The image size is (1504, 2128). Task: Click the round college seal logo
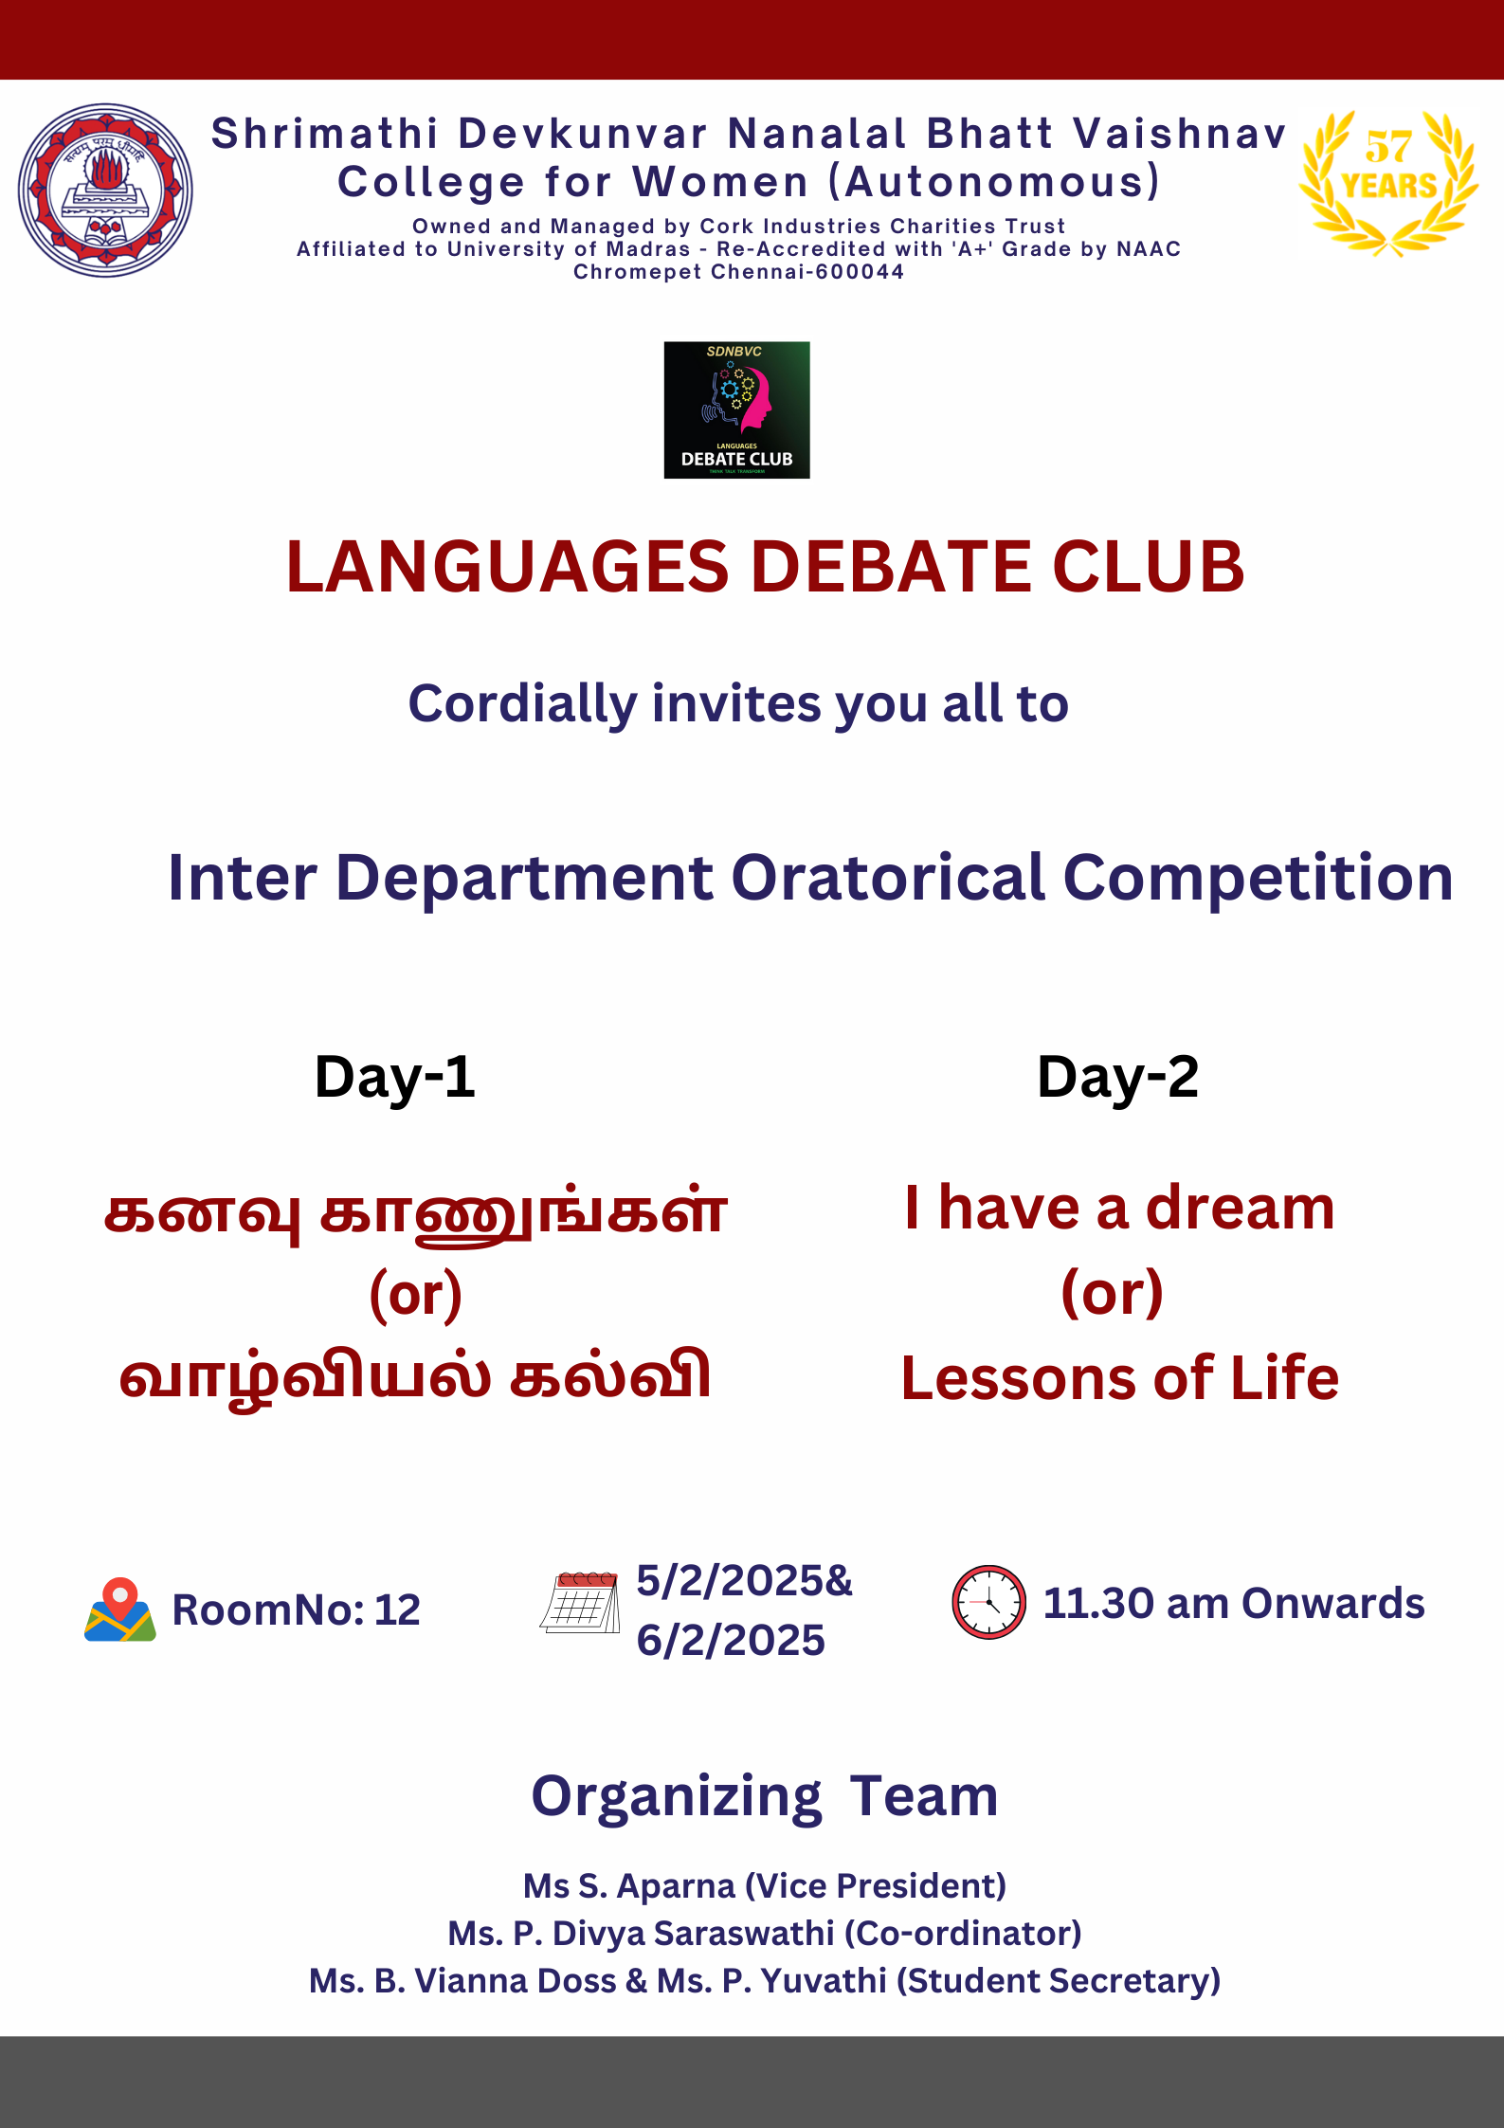point(105,191)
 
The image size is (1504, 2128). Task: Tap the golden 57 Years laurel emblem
point(1388,183)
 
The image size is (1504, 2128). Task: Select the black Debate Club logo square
point(736,409)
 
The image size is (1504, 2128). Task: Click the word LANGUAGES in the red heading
point(508,567)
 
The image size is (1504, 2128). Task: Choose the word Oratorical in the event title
point(888,877)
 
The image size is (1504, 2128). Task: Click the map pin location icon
point(119,1609)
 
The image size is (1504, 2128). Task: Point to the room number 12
point(397,1610)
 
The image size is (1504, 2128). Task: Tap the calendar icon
point(580,1602)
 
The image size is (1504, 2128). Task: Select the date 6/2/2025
point(731,1640)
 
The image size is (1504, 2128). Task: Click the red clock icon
point(988,1602)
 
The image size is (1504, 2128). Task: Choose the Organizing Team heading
point(765,1796)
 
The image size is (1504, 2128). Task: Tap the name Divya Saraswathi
point(693,1934)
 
